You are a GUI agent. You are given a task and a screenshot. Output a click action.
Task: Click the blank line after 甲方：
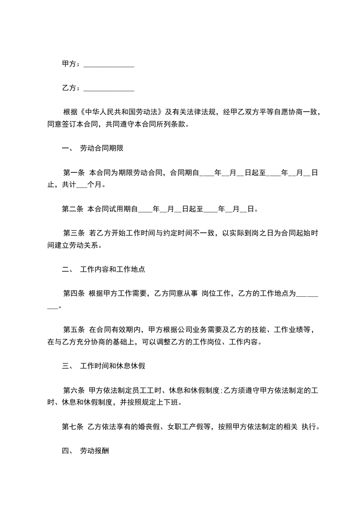click(x=109, y=65)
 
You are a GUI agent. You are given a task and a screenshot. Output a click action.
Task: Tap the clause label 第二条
click(x=73, y=209)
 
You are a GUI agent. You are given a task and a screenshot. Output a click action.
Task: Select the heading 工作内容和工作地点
click(x=112, y=269)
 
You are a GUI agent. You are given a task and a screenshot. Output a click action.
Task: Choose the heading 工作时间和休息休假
click(x=112, y=366)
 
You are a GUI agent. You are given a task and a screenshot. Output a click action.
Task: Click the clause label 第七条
click(x=73, y=427)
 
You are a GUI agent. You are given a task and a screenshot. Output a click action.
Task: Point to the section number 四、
click(x=67, y=451)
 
